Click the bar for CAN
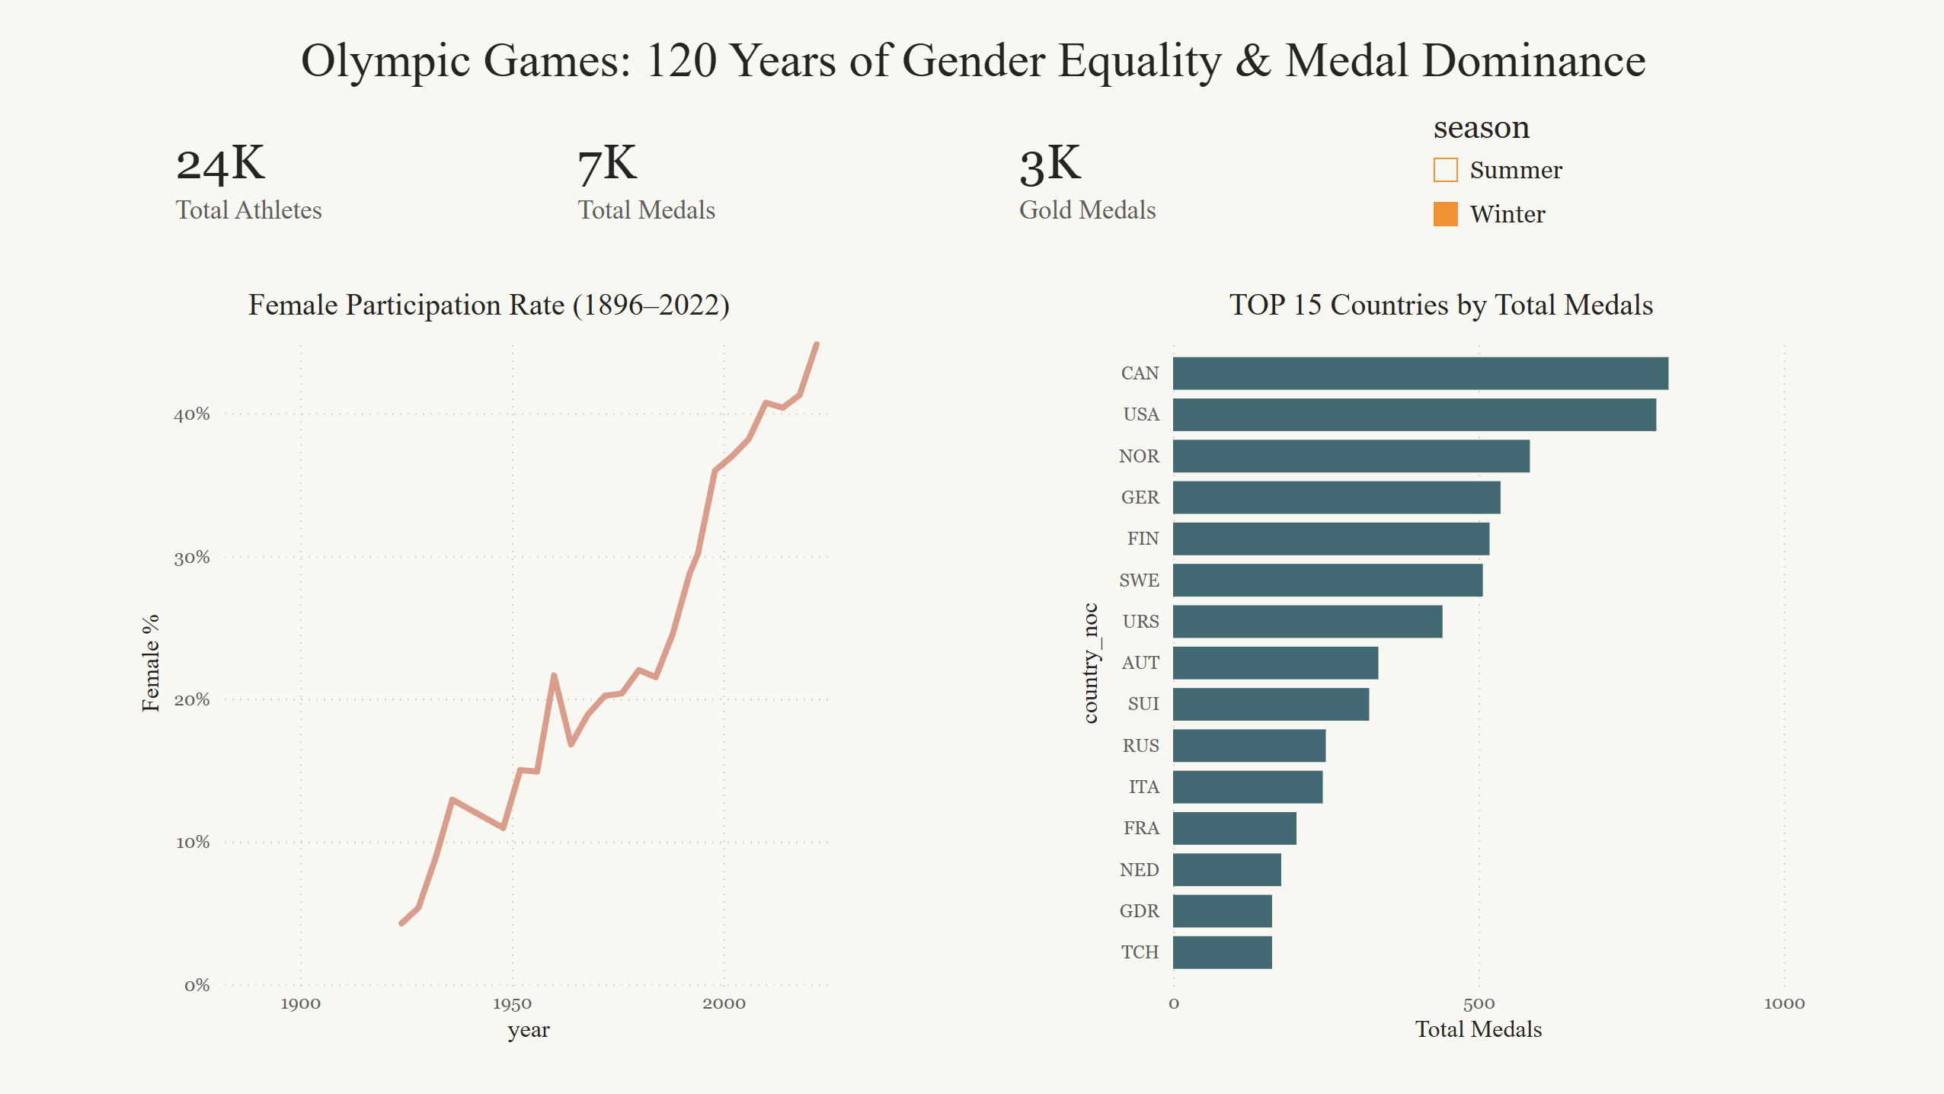coord(1420,373)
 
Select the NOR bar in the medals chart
coord(1351,456)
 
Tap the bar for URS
coord(1307,622)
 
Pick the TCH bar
coord(1222,952)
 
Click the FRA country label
coord(1141,828)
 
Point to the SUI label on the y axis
coord(1143,704)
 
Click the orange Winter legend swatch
coord(1445,214)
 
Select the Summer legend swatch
coord(1445,170)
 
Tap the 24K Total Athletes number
coord(220,164)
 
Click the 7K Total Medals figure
coord(607,164)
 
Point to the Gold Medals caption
coord(1087,210)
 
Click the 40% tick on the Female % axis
coord(192,414)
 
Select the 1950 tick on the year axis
coord(512,1003)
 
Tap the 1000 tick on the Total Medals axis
coord(1784,1003)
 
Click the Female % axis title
coord(151,663)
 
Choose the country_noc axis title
coord(1091,663)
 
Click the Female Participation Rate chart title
coord(489,305)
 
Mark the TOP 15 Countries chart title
coord(1441,305)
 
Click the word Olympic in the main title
coord(385,61)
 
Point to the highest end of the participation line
coord(817,344)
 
